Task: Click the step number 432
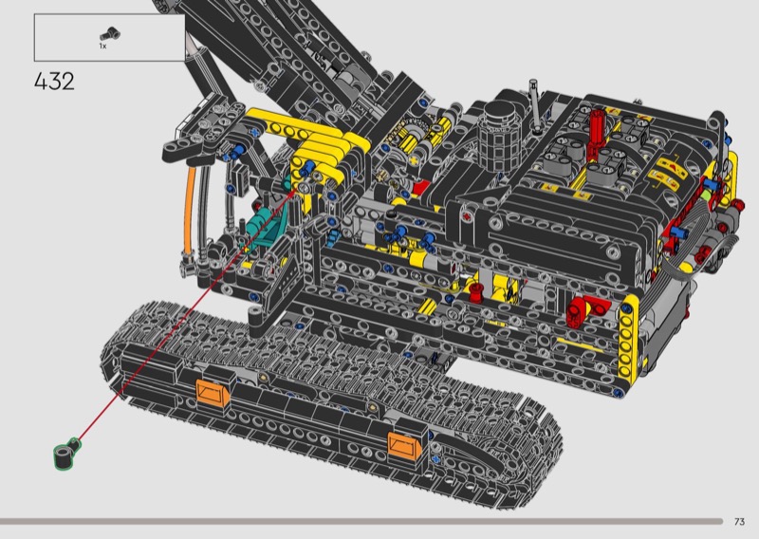click(54, 82)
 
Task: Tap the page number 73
click(739, 522)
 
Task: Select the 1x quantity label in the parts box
click(102, 46)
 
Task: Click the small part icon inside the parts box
click(110, 34)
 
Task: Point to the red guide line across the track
click(185, 316)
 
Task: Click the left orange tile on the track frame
click(213, 392)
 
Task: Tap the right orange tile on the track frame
click(405, 447)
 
